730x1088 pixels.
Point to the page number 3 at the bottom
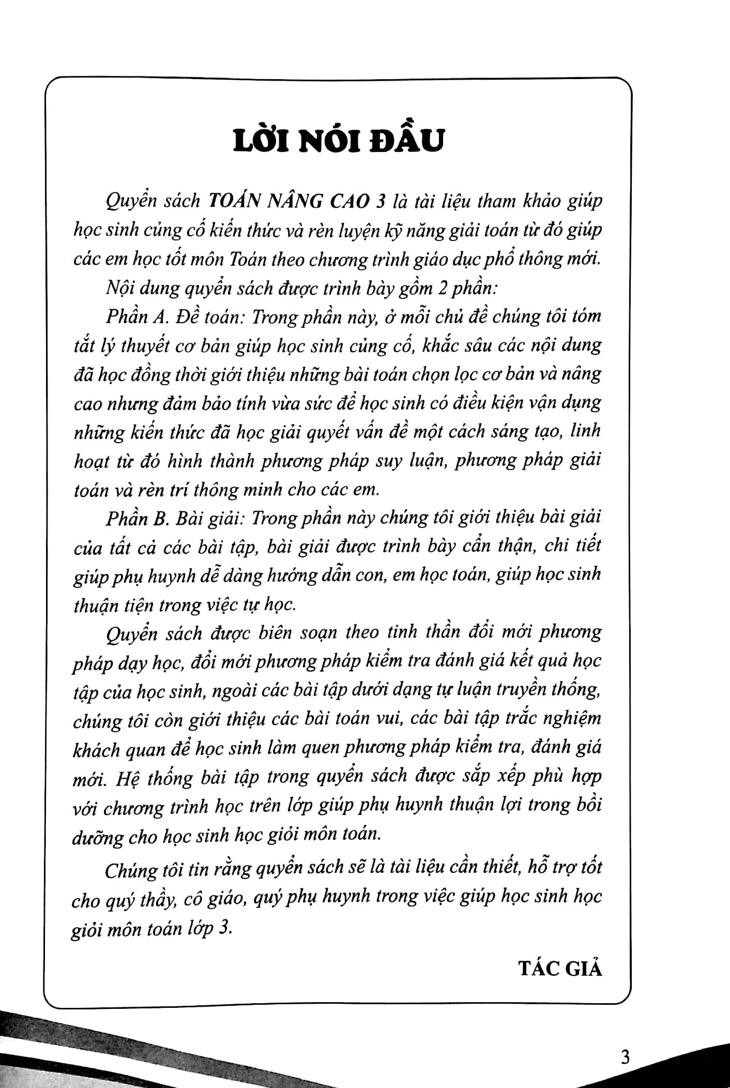pyautogui.click(x=625, y=1056)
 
